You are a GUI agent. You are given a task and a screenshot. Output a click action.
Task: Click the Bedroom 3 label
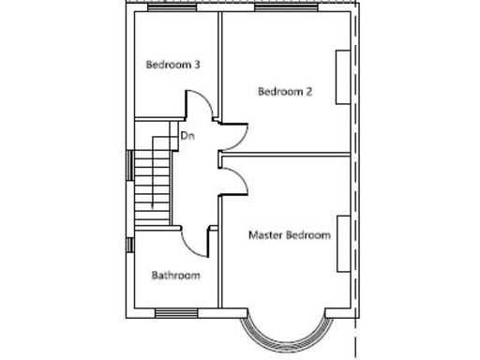[172, 65]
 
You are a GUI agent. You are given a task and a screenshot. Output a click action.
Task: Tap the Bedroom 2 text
[285, 91]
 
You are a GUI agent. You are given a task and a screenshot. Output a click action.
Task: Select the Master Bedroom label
[289, 235]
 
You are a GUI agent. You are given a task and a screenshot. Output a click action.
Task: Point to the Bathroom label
[176, 276]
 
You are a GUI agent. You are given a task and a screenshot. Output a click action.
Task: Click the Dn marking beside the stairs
[187, 137]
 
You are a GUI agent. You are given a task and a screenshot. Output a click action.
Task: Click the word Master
[265, 235]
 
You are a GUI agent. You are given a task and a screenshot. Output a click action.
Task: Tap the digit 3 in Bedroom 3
[197, 65]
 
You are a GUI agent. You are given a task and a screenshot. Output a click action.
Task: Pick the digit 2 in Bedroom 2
[308, 91]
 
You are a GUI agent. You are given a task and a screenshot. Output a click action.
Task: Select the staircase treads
[152, 183]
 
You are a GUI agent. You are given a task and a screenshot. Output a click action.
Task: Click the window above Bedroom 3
[175, 10]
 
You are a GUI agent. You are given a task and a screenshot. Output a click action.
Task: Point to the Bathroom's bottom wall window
[175, 312]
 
